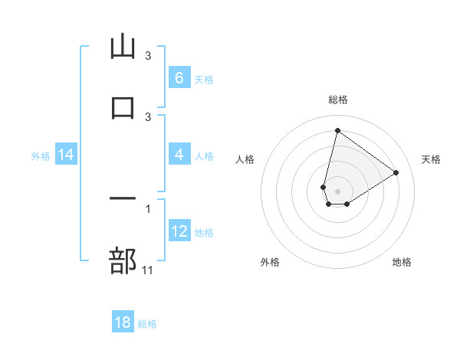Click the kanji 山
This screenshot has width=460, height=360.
pyautogui.click(x=123, y=47)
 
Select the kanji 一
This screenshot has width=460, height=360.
pyautogui.click(x=123, y=199)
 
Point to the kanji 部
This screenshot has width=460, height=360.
pyautogui.click(x=123, y=260)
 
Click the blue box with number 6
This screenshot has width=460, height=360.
pyautogui.click(x=179, y=78)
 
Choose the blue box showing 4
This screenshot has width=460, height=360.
pyautogui.click(x=179, y=155)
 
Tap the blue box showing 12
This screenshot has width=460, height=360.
pyautogui.click(x=179, y=231)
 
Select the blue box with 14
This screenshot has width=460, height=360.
pyautogui.click(x=66, y=155)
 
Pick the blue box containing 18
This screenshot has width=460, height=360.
pyautogui.click(x=123, y=322)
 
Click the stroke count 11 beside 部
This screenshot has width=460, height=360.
pyautogui.click(x=148, y=270)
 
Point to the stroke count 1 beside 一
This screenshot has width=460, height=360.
pyautogui.click(x=148, y=208)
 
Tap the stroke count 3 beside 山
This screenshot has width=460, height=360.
pyautogui.click(x=148, y=55)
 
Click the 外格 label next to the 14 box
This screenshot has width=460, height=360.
pyautogui.click(x=40, y=155)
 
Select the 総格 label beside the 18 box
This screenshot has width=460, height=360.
pyautogui.click(x=147, y=324)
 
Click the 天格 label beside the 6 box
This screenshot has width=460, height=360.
pyautogui.click(x=204, y=79)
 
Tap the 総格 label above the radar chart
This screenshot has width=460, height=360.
pyautogui.click(x=338, y=100)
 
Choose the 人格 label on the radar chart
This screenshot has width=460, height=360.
pyautogui.click(x=245, y=159)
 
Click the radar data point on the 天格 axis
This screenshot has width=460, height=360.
pyautogui.click(x=396, y=172)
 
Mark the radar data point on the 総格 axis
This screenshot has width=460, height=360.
pyautogui.click(x=337, y=130)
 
